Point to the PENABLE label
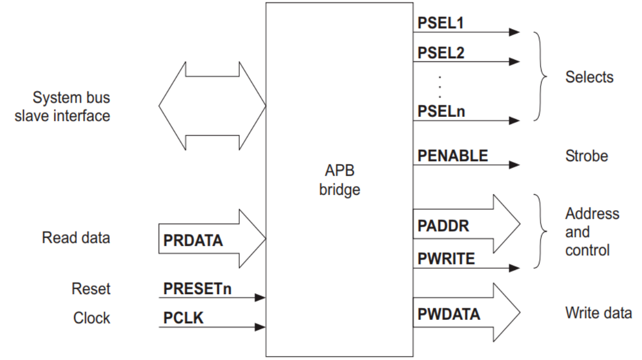453,156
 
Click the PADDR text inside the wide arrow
443,226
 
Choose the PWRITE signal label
446,258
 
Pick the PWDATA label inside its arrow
448,314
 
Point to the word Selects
589,77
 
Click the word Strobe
586,156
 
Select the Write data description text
598,314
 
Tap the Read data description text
76,238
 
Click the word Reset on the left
91,288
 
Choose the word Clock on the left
92,318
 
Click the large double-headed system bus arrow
212,104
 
